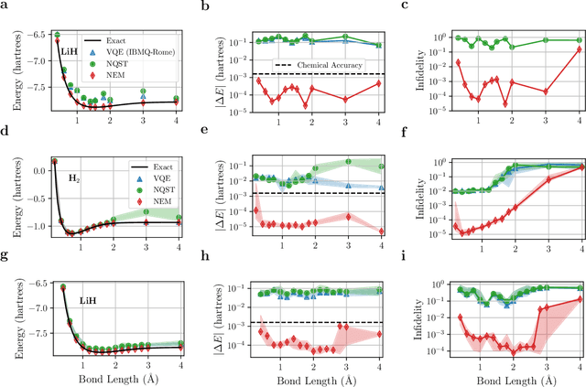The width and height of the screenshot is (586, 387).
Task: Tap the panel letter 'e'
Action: point(201,133)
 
